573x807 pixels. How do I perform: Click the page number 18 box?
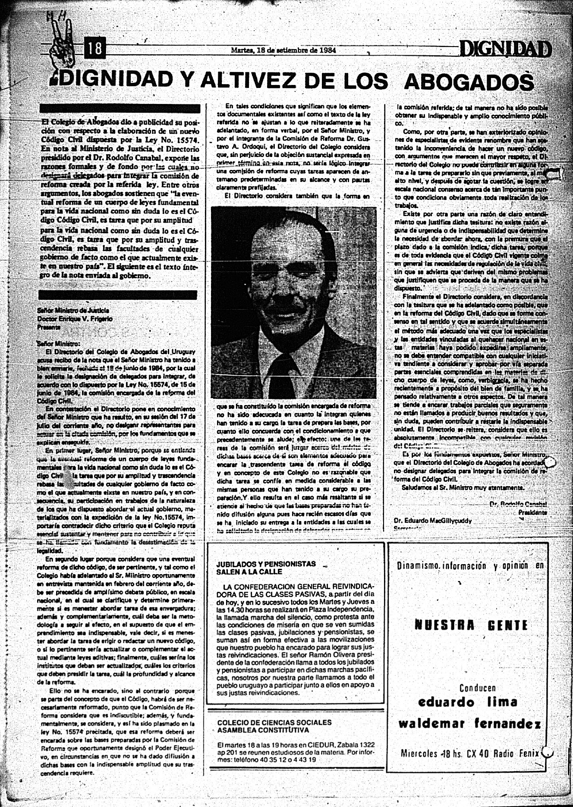[x=95, y=48]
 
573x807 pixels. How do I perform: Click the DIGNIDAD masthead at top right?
[x=505, y=49]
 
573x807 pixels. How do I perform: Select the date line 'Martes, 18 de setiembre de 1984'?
[x=283, y=50]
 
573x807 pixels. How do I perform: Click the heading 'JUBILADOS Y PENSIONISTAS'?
[x=266, y=564]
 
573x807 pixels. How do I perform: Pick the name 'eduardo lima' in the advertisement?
[x=467, y=702]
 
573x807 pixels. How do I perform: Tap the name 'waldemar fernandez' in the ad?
[x=469, y=723]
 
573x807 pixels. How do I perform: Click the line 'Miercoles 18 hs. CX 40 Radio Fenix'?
[x=470, y=754]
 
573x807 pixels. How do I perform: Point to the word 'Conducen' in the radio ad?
[x=477, y=688]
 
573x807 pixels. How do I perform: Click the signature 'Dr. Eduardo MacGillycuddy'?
[x=432, y=521]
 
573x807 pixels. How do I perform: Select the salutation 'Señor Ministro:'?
[x=58, y=344]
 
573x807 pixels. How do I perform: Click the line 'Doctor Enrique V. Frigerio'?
[x=75, y=319]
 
